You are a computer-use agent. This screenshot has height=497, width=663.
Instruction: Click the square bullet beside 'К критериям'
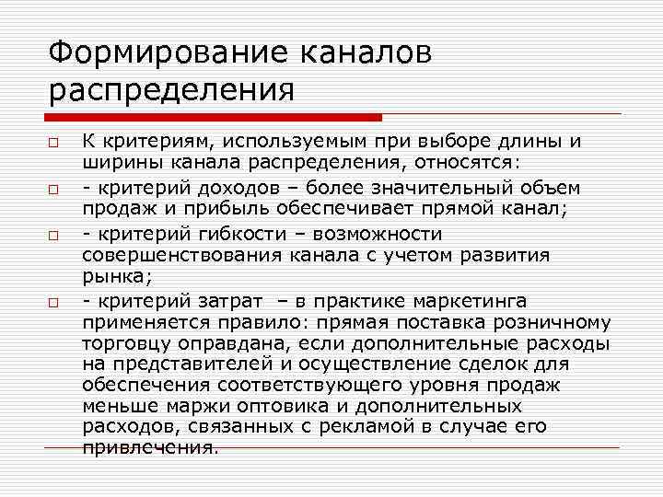(54, 144)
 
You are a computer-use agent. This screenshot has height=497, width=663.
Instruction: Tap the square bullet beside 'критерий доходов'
(54, 190)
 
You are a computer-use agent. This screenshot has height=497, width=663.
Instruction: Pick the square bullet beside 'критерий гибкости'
(54, 235)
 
